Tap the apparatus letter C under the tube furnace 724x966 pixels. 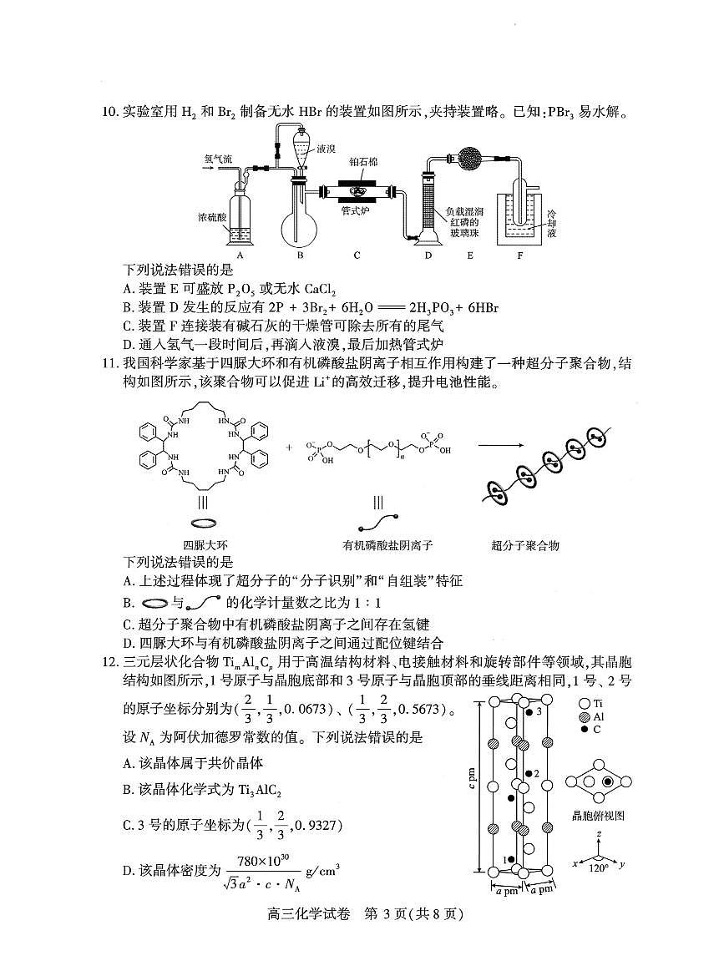click(357, 255)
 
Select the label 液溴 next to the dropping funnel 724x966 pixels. click(326, 149)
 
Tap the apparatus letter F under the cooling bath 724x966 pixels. click(519, 255)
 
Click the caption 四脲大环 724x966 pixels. click(202, 545)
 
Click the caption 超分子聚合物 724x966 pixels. click(525, 545)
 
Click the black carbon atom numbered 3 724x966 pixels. click(529, 712)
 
